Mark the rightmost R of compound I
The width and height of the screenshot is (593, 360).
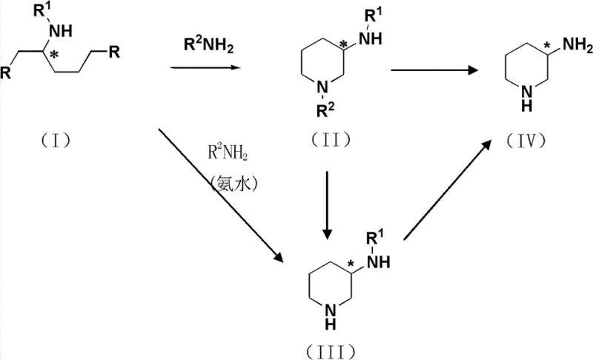pyautogui.click(x=113, y=51)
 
